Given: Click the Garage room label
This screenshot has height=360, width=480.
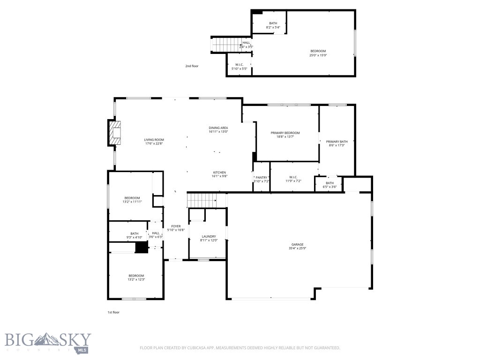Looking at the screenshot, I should pos(297,244).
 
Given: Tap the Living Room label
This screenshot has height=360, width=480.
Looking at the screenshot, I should pos(154,140).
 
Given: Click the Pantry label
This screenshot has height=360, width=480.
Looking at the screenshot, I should pos(261,177).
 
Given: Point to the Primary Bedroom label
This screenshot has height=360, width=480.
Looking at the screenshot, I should pos(285,133).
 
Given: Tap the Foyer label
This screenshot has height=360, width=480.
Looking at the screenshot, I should pos(176,226).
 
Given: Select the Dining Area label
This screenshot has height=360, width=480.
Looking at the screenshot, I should pos(218,128).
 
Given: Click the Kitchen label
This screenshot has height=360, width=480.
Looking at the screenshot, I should pos(220,172).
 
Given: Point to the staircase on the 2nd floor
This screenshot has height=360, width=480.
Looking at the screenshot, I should pos(225,45).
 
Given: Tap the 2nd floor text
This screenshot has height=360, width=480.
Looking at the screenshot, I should pos(192,66).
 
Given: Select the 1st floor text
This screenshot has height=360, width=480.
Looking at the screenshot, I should pos(113,312).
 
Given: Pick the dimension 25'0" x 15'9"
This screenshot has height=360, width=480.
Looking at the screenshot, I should pos(318,55).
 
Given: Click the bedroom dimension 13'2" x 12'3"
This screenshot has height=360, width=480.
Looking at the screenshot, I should pos(136,280).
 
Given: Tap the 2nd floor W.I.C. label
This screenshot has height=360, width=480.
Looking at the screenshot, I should pos(239,65).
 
